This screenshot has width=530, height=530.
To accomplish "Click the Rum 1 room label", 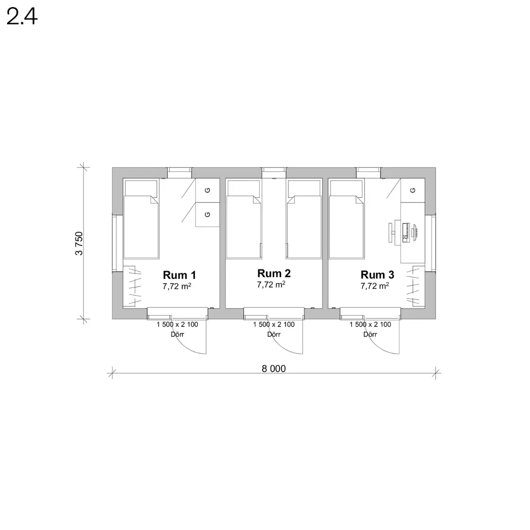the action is (179, 275).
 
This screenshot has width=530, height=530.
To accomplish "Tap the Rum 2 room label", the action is (274, 273).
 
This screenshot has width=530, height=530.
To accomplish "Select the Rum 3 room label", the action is (377, 275).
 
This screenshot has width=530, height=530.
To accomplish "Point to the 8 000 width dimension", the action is (274, 368).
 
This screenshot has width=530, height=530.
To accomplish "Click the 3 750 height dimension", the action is (79, 244).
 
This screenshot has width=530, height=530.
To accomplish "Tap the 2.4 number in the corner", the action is (22, 17).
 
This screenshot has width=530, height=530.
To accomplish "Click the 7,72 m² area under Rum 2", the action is (271, 285).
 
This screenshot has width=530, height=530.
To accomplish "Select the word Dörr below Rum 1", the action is (177, 334).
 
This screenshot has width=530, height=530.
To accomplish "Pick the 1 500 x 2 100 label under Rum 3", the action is (370, 325).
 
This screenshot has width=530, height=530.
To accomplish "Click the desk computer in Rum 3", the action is (403, 232).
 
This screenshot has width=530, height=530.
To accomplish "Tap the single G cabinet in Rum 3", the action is (413, 190).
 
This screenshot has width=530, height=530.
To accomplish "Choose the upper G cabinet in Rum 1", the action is (208, 190).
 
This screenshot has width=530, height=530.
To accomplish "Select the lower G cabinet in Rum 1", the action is (208, 215).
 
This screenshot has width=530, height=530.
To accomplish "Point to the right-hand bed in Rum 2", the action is (304, 220).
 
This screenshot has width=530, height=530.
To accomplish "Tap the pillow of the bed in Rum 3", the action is (347, 188).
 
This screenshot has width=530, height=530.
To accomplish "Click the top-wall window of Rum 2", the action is (274, 173).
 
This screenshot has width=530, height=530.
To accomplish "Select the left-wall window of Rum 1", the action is (115, 243).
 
